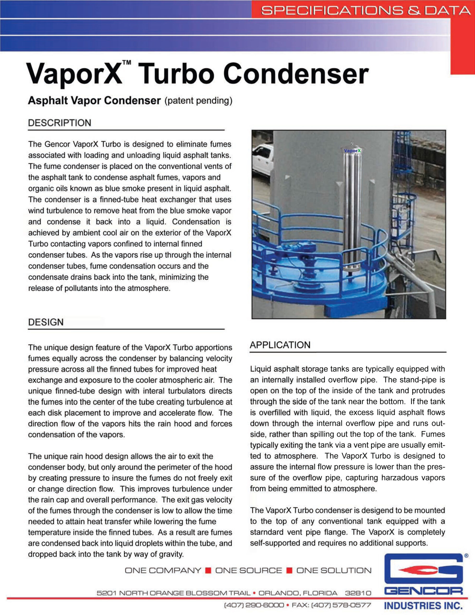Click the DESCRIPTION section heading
(60, 123)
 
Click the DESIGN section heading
(46, 322)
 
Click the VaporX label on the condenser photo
(352, 151)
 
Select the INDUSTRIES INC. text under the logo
(423, 605)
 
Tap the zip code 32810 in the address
(358, 593)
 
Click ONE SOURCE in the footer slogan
(248, 571)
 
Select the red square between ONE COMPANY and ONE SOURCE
(208, 571)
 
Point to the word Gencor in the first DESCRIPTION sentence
(57, 144)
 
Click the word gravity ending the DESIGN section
(171, 554)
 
